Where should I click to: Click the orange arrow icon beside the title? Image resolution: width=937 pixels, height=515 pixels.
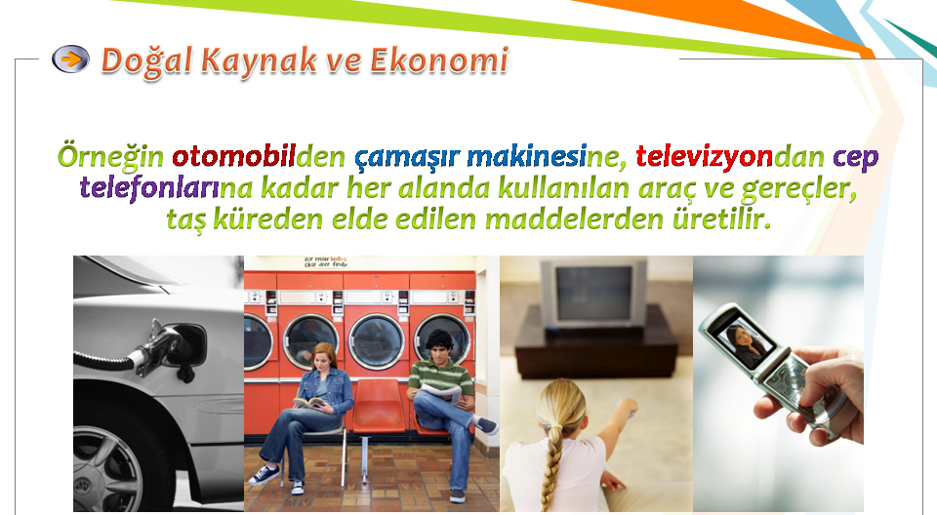(70, 59)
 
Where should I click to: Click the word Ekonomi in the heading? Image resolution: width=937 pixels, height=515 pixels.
(439, 60)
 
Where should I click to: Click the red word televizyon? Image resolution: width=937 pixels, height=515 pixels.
(704, 156)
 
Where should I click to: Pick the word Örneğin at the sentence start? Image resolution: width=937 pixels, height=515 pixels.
(110, 157)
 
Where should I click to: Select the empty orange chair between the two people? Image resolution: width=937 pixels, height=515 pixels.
(377, 407)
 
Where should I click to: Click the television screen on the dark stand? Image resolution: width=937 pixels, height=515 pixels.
(593, 294)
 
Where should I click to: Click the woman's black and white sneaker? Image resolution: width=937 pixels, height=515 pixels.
(264, 475)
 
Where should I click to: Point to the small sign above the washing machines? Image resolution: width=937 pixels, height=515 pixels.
(325, 261)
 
